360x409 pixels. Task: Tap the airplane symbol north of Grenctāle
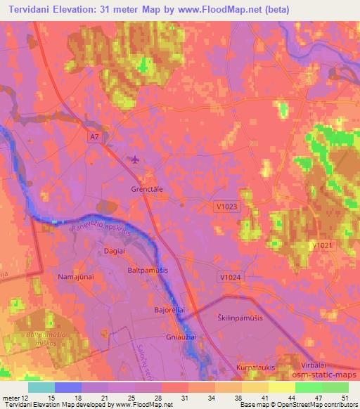[134, 160]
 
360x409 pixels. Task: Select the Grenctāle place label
[147, 189]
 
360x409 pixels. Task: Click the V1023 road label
[226, 206]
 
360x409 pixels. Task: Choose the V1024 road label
[231, 278]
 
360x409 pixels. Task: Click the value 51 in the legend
[344, 397]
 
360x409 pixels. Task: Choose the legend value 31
[184, 397]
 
